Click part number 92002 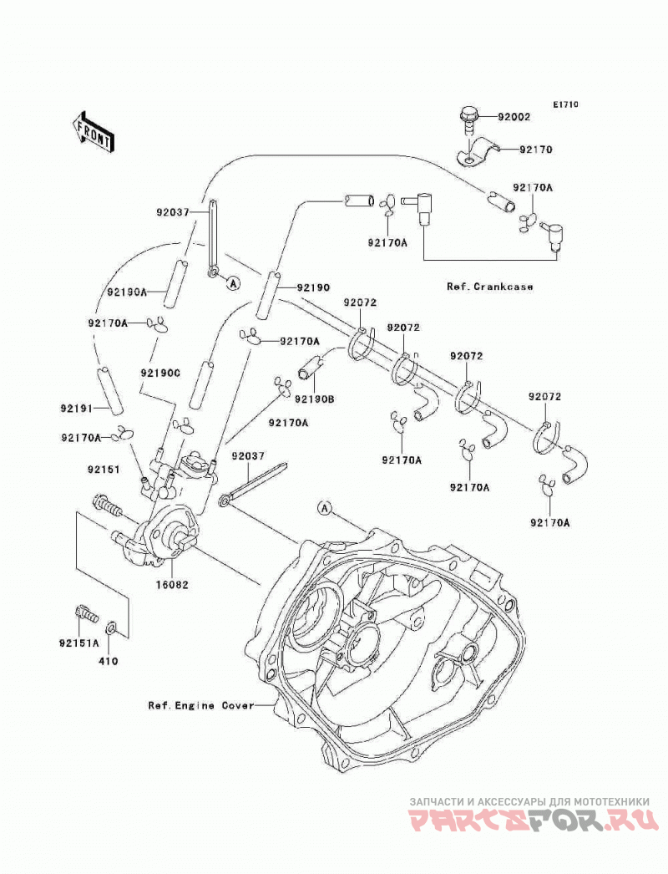pyautogui.click(x=514, y=118)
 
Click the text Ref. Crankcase pyautogui.click(x=489, y=287)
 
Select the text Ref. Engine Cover pyautogui.click(x=201, y=705)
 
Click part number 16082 pyautogui.click(x=172, y=585)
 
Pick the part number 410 pyautogui.click(x=108, y=661)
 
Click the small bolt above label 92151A pyautogui.click(x=85, y=614)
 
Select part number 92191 pyautogui.click(x=77, y=408)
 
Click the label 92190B pyautogui.click(x=314, y=399)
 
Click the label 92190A pyautogui.click(x=127, y=292)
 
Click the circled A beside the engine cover pyautogui.click(x=326, y=508)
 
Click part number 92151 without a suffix pyautogui.click(x=103, y=470)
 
